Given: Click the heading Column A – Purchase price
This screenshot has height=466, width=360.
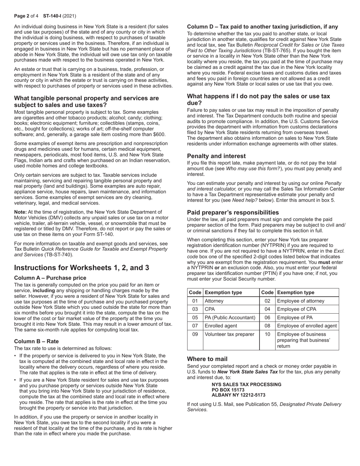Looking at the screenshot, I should tap(50, 278).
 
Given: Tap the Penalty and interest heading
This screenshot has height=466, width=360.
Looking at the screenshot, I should tap(216, 156).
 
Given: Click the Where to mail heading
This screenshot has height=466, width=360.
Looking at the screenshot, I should tap(207, 359).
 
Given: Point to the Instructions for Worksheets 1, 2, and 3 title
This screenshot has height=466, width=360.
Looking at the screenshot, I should tap(81, 267).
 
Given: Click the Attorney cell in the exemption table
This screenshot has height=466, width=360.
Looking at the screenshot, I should tap(214, 301).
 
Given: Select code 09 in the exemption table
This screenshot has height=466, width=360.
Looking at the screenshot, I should tap(195, 334).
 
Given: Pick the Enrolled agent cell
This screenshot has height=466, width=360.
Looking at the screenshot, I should tap(221, 326).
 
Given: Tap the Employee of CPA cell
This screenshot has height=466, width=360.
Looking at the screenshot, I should tap(297, 309).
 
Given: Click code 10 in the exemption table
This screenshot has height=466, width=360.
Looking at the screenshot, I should tap(268, 334).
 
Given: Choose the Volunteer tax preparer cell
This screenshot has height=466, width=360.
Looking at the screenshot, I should tap(229, 334).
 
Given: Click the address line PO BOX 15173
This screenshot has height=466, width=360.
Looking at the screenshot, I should tap(228, 389).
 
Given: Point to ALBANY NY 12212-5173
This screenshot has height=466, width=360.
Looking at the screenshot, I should tap(238, 395).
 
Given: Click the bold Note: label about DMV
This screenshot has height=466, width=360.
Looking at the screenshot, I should tap(20, 212).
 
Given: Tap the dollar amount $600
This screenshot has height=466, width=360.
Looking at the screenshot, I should tap(159, 134).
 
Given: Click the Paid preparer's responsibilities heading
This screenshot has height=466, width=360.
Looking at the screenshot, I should tap(233, 212).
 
